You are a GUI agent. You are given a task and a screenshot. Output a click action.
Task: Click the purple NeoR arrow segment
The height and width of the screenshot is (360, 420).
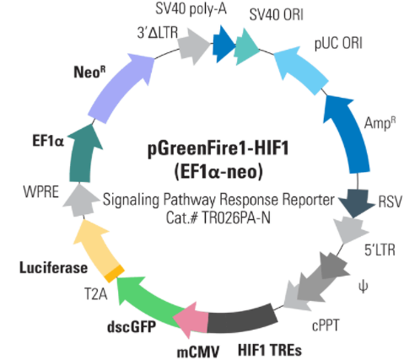(118, 90)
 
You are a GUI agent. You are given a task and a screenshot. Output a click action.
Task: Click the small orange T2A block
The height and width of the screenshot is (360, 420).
(115, 273)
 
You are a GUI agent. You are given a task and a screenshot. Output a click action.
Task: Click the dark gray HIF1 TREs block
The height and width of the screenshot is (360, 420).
(242, 319)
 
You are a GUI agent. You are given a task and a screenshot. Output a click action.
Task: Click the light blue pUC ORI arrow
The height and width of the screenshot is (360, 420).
(301, 69)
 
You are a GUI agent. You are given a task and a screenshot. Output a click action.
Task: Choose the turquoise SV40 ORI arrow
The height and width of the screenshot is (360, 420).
(246, 47)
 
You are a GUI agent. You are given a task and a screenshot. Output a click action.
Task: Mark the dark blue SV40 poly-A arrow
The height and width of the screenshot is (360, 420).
(223, 44)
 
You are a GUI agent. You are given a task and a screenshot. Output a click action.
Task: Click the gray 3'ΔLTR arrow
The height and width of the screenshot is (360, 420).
(194, 45)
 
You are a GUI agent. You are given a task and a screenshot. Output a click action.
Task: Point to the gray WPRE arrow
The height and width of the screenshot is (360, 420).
(81, 200)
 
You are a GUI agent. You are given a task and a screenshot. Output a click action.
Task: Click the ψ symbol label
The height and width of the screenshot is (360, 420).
(363, 287)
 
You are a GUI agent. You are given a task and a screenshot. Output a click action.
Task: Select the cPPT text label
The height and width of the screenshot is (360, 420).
(326, 325)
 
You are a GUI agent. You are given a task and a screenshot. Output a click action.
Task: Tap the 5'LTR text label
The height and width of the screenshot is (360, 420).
(380, 250)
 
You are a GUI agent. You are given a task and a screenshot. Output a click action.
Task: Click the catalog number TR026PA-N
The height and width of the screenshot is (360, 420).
(236, 218)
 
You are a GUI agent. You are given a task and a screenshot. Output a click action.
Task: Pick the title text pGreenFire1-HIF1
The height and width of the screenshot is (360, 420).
(218, 148)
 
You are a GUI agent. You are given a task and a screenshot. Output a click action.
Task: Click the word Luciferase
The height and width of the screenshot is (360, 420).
(53, 267)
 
